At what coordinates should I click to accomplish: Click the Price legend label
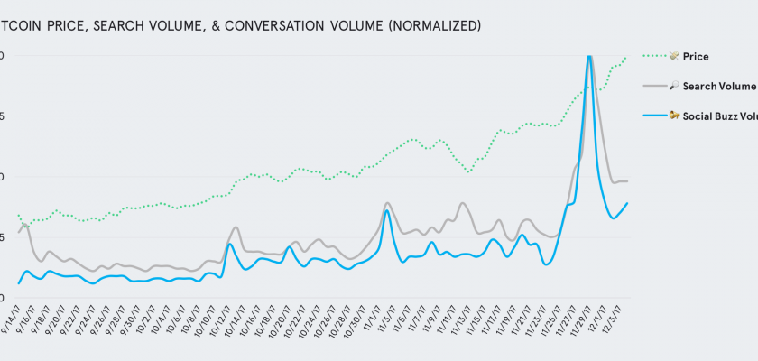pos(697,57)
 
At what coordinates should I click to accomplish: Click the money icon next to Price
pos(673,57)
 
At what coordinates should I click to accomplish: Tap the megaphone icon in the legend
pos(673,116)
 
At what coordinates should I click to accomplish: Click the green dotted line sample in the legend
pos(653,57)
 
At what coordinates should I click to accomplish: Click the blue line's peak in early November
pos(386,210)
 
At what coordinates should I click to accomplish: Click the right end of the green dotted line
pos(626,57)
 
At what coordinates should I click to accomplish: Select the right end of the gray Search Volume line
pos(627,181)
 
